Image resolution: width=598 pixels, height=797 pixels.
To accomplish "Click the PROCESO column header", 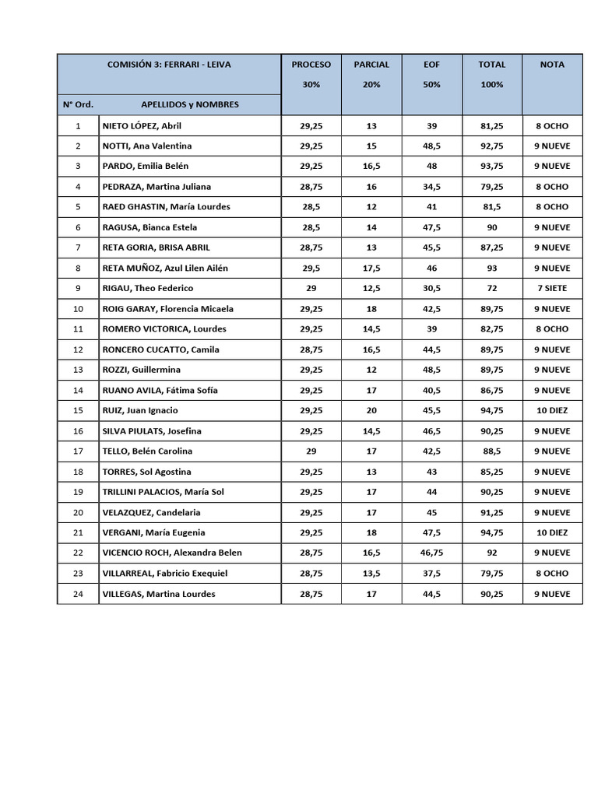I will (x=311, y=65).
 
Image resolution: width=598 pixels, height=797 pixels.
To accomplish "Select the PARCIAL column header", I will (x=371, y=65).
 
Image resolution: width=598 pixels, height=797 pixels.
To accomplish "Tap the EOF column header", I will (x=431, y=65).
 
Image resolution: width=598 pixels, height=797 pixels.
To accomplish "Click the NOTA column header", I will (x=552, y=65).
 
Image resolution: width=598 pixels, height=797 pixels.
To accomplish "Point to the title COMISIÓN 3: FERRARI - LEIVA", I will (x=169, y=65).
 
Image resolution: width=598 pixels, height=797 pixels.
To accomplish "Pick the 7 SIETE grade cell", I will (x=552, y=288).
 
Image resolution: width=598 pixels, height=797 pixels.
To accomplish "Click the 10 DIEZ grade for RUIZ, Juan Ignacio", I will (x=552, y=410).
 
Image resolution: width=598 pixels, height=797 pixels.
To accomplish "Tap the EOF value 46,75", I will (x=431, y=553).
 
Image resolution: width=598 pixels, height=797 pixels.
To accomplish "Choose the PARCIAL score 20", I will (x=371, y=410).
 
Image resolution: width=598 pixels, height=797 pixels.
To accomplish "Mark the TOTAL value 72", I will (x=491, y=288).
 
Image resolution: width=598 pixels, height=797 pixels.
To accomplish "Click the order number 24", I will (x=78, y=594).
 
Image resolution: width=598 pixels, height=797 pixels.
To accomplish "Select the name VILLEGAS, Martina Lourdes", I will (x=158, y=594).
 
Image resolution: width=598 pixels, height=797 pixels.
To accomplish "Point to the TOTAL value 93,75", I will (x=491, y=166).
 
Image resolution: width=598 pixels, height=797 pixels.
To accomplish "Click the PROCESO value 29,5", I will (x=311, y=268).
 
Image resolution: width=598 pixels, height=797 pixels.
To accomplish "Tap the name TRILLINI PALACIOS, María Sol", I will (x=163, y=492).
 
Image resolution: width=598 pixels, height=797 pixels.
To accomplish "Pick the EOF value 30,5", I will (x=431, y=288).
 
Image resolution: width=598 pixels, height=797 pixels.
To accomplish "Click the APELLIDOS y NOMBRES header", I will (x=190, y=104).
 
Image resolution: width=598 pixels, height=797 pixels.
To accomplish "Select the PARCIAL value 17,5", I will (x=371, y=268).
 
